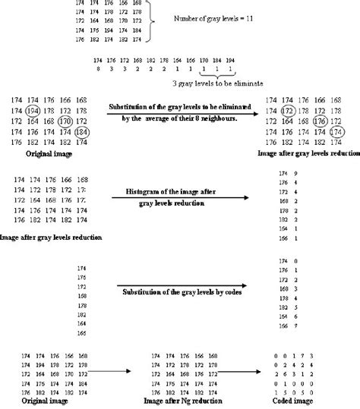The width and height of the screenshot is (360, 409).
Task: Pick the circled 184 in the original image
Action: (83, 132)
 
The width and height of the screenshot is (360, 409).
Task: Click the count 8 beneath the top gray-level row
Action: (98, 68)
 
